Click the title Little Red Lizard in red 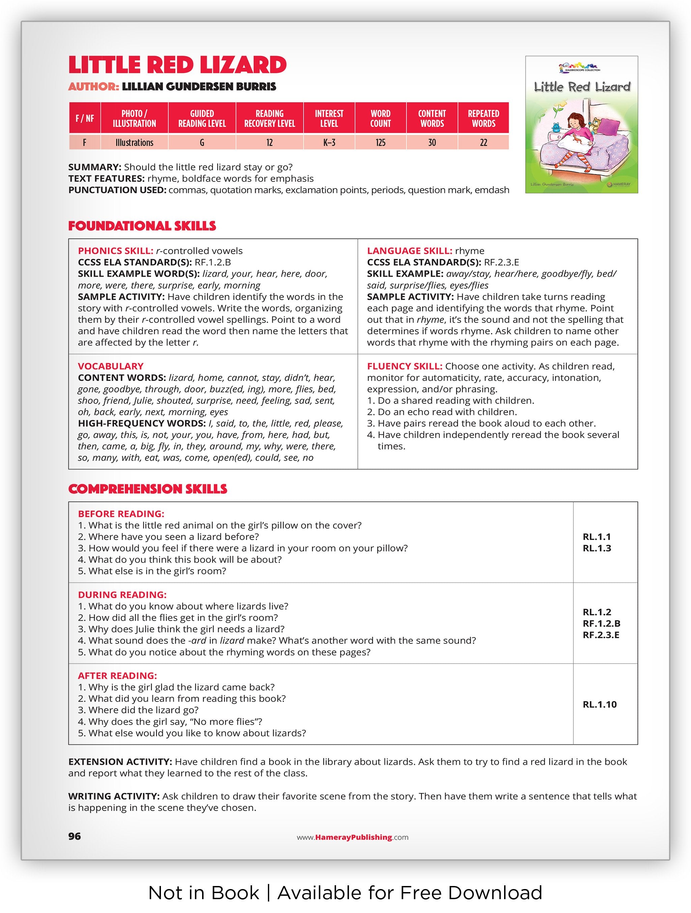(x=177, y=65)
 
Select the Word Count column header (x=380, y=118)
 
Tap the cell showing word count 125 (x=380, y=142)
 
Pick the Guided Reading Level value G (x=202, y=142)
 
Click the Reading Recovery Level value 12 (x=269, y=142)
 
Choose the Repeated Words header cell (x=483, y=118)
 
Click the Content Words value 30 (x=432, y=142)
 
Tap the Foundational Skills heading (x=142, y=226)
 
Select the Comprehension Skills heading (x=148, y=489)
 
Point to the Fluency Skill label (x=404, y=366)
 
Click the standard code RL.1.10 (x=600, y=704)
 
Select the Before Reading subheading (x=121, y=513)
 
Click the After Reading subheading (x=117, y=675)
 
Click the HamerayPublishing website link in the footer (x=353, y=837)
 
